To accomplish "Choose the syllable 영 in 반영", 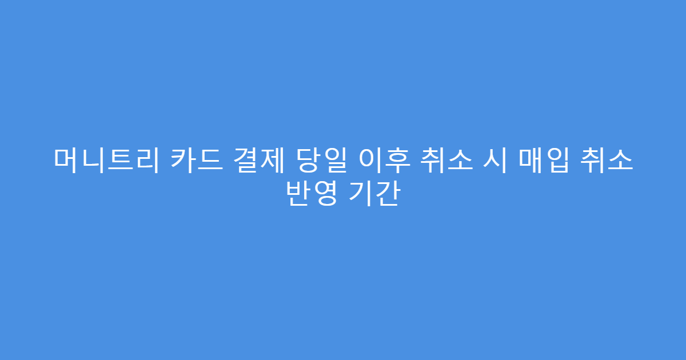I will pos(325,195).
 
